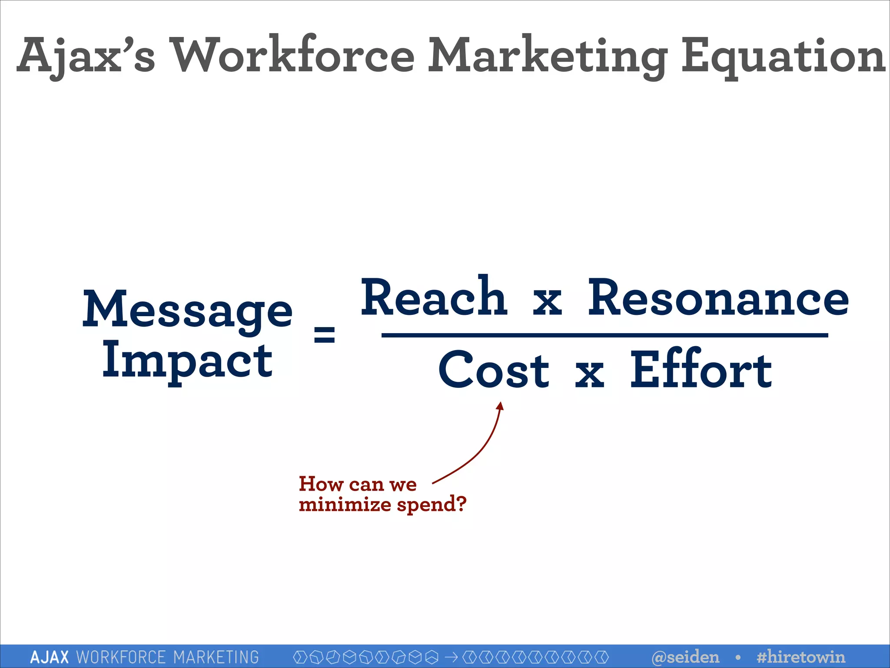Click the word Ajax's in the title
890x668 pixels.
[x=86, y=56]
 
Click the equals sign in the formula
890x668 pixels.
[x=324, y=334]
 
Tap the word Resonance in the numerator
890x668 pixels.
[x=718, y=298]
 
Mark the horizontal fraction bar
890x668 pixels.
[x=604, y=335]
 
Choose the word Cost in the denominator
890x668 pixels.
[x=494, y=371]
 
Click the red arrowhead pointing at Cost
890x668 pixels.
[x=501, y=406]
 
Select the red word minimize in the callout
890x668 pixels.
[x=345, y=504]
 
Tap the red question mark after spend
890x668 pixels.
[x=461, y=504]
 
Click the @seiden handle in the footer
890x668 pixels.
[x=685, y=657]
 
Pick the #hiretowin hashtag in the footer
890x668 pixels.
[x=800, y=657]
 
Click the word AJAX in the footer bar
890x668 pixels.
[x=50, y=657]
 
